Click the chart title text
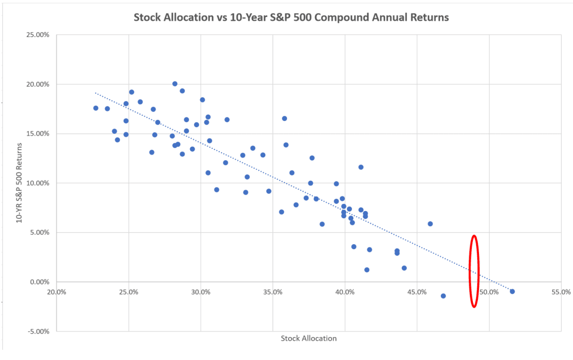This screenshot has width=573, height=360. point(291,17)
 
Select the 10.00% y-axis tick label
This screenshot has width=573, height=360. point(39,183)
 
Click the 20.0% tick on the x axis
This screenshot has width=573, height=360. point(57,292)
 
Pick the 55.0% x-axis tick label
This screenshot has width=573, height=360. point(561,292)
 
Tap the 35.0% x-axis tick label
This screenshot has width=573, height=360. point(273,292)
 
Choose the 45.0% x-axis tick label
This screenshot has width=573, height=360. point(417,292)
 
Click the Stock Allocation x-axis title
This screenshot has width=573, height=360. point(309,338)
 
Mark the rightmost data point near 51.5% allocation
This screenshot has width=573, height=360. point(512,291)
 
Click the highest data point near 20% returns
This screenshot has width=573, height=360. point(175,83)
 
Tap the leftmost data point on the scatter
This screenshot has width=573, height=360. point(96,108)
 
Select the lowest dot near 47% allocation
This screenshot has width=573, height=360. point(443,296)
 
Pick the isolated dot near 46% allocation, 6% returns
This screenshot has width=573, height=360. point(430,223)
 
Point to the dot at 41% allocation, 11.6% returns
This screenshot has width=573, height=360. point(361,167)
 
